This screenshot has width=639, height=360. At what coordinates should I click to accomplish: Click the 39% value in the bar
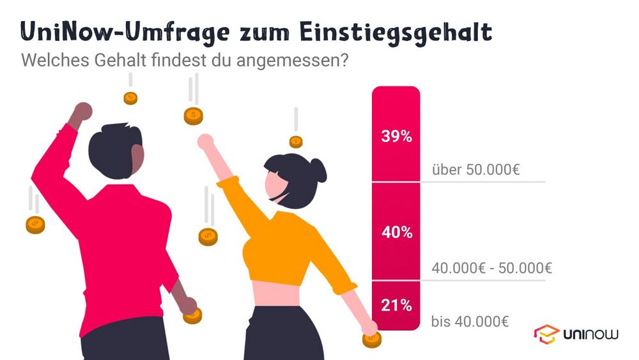point(396,136)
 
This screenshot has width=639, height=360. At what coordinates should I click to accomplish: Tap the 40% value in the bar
point(396,232)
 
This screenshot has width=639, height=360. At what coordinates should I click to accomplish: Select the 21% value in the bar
point(396,306)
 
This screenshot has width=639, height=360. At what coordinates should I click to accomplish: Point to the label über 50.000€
point(475,171)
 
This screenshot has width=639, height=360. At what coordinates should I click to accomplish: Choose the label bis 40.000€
point(470,321)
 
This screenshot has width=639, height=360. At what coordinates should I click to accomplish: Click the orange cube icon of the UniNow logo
point(546,334)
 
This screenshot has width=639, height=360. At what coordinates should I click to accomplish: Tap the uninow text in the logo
point(590,334)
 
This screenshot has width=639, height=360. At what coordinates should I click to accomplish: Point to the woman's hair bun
point(318,170)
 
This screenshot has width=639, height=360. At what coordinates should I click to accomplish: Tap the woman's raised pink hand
point(205,142)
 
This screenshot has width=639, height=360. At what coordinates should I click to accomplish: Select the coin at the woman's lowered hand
point(371,338)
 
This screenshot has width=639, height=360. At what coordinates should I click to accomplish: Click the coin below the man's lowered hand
point(192,315)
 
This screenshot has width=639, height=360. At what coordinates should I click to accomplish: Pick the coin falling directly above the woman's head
point(295,141)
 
